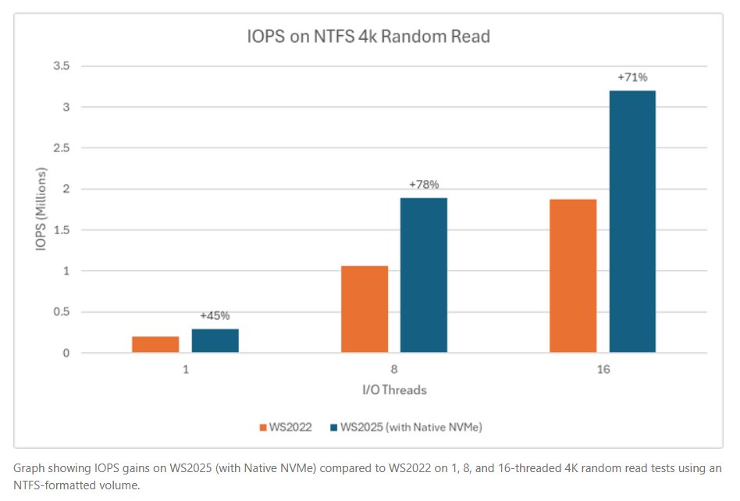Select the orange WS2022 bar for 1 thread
pos(155,344)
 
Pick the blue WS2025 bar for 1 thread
pos(215,340)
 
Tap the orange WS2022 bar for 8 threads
pos(365,309)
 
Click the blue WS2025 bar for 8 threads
pos(424,275)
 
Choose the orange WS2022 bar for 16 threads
pos(573,276)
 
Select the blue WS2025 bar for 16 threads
pos(632,222)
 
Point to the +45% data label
pos(215,316)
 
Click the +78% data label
pos(424,185)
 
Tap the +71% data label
pos(632,77)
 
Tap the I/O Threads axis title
pos(393,389)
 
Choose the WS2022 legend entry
pos(291,427)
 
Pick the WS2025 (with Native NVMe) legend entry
pos(411,427)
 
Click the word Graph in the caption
pos(30,468)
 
